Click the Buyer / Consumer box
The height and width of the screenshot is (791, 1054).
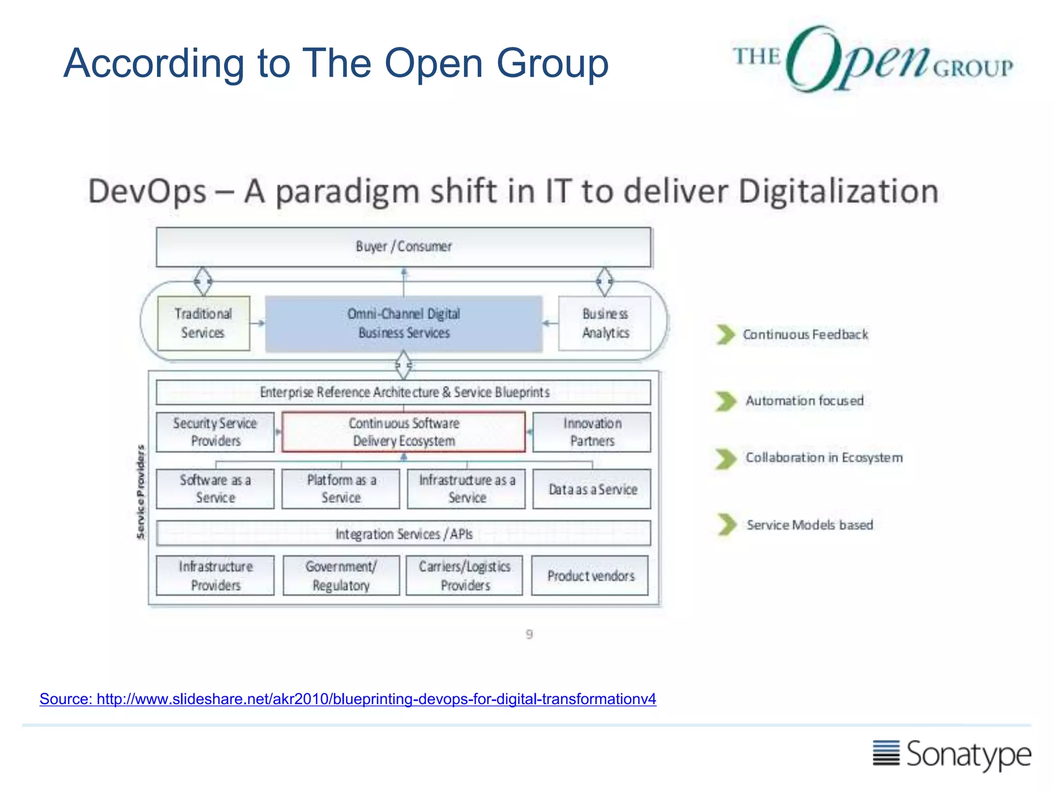403,247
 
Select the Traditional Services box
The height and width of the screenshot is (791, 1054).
203,323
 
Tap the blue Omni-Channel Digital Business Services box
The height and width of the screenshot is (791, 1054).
403,323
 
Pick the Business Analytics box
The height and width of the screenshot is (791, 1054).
605,323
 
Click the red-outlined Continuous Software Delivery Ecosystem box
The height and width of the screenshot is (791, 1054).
403,432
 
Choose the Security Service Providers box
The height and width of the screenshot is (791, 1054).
215,432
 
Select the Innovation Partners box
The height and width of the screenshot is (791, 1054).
592,432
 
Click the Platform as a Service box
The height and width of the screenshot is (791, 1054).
341,489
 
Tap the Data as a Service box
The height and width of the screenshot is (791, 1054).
592,489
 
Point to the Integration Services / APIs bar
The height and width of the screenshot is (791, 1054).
403,534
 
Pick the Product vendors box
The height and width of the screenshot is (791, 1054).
590,575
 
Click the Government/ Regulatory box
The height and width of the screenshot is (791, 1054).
341,575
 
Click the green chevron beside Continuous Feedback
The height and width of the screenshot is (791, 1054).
726,334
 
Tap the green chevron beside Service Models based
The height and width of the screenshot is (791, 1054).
727,524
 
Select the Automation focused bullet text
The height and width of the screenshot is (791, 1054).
804,401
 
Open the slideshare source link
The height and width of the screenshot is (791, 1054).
348,699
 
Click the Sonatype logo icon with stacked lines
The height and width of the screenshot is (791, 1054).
886,753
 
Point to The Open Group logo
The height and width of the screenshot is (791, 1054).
873,59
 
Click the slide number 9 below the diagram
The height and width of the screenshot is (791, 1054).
529,634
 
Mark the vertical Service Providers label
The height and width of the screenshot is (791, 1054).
140,492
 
